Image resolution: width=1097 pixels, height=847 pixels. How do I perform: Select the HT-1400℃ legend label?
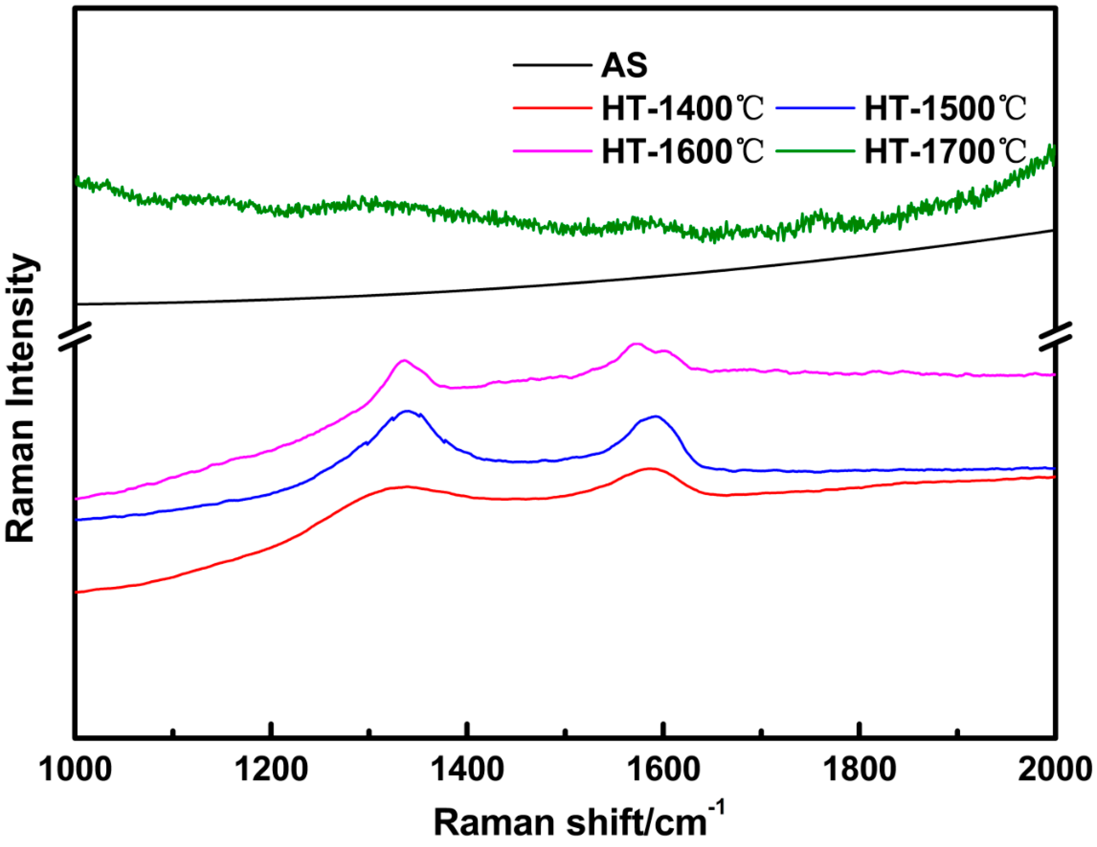coord(682,108)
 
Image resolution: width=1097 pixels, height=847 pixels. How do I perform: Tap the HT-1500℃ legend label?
coord(945,108)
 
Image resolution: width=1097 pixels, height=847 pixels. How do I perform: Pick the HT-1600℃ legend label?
coord(682,151)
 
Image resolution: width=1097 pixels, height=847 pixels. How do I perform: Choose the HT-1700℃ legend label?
coord(945,151)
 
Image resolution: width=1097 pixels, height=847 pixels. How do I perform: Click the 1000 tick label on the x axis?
coord(76,769)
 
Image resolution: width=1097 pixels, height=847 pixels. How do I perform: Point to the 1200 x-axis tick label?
coord(271,769)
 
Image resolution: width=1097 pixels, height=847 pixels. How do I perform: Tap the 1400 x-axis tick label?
coord(468,769)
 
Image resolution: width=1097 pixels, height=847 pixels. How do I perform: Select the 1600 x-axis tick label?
coord(664,769)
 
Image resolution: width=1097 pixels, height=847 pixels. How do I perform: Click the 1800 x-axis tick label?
coord(860,769)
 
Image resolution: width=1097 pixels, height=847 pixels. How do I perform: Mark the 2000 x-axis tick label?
coord(1055,769)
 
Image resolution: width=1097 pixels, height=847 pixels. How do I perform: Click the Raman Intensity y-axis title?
coord(21,398)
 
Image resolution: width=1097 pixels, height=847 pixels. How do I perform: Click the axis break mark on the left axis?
coord(76,336)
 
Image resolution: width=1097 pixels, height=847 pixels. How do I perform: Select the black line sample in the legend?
coord(552,65)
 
